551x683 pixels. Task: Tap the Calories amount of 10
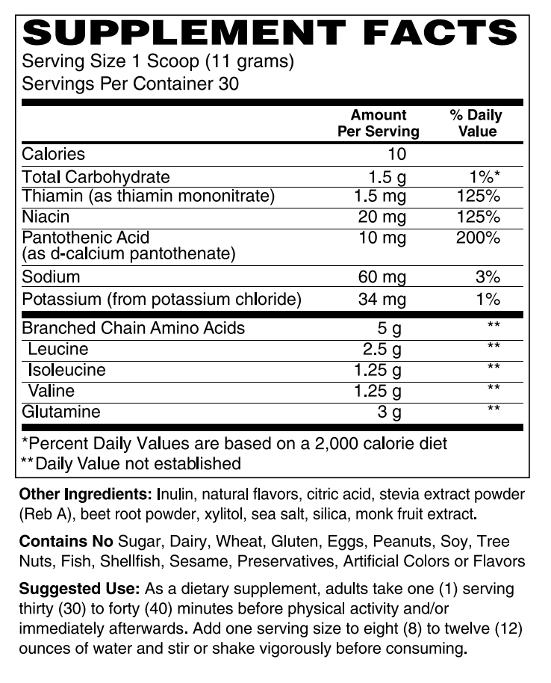[x=396, y=155]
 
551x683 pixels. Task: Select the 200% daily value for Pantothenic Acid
[x=479, y=238]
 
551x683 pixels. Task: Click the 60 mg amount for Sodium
[x=382, y=277]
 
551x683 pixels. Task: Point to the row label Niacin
[x=46, y=217]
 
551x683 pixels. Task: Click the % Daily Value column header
[x=477, y=123]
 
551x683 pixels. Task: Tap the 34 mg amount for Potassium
[x=382, y=300]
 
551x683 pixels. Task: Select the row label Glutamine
[x=61, y=412]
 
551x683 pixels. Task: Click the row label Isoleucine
[x=66, y=371]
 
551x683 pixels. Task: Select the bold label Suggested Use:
[x=79, y=589]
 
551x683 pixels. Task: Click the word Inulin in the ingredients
[x=176, y=495]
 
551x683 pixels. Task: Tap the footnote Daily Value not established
[x=139, y=463]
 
